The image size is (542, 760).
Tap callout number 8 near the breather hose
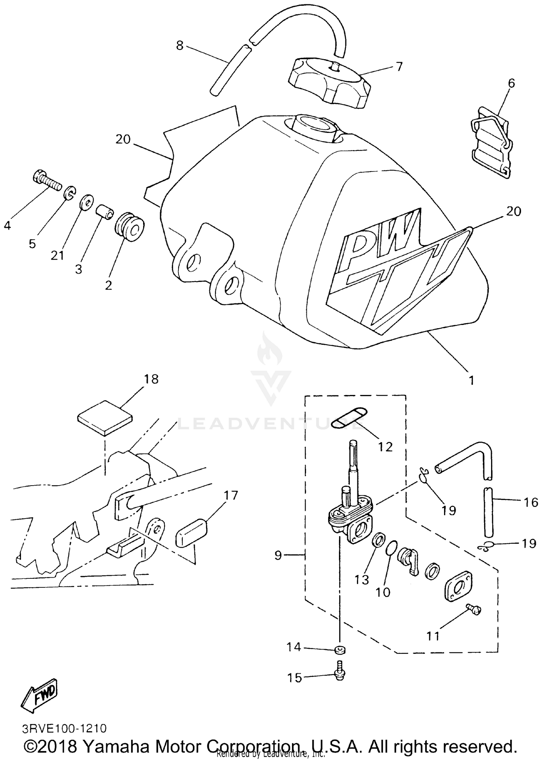180,45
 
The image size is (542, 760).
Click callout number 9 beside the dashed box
278,555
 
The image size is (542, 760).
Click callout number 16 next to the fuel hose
531,502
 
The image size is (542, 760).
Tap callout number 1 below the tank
471,380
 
